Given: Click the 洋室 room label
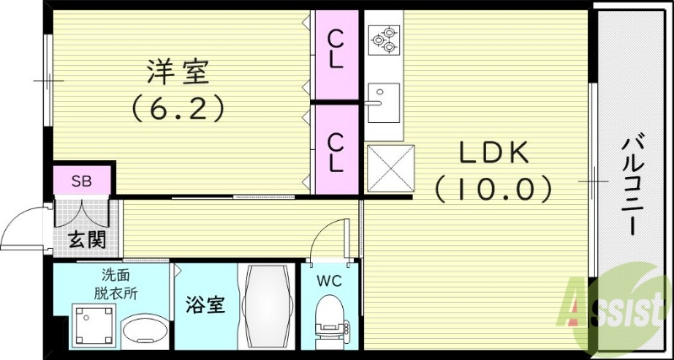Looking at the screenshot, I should [x=177, y=73].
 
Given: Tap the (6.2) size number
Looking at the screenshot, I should [x=177, y=108].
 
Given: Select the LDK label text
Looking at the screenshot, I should [x=493, y=153].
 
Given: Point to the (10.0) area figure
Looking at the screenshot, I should [x=493, y=188].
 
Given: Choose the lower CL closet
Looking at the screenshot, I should [x=335, y=148].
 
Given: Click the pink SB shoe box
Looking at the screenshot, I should [x=81, y=180].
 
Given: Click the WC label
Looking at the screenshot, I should [x=329, y=281].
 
